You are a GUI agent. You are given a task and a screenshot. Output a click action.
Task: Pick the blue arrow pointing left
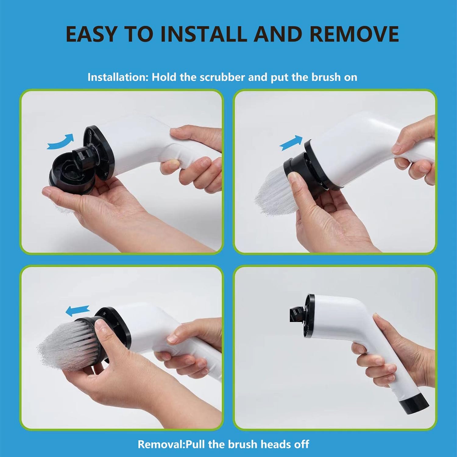[78, 310]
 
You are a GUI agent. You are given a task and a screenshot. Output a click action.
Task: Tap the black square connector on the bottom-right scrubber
[295, 314]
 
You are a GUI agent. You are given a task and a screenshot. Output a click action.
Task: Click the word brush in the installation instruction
[326, 77]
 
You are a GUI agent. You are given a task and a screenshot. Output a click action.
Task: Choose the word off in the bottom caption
[302, 444]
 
